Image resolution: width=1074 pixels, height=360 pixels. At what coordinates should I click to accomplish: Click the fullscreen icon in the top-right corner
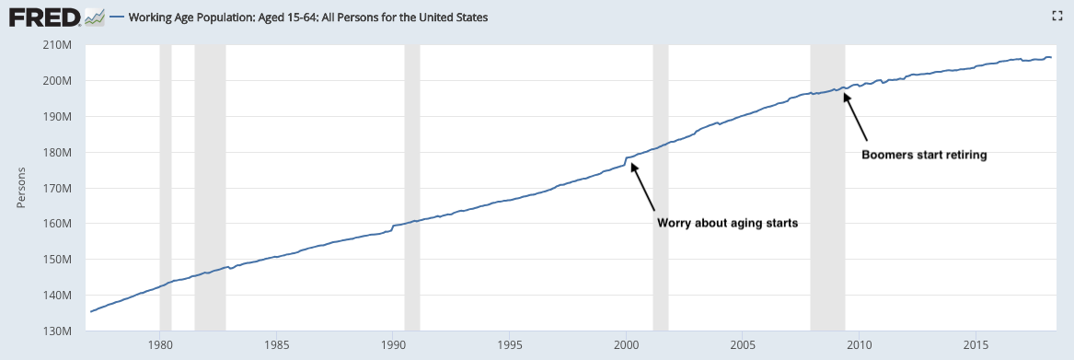coord(1057,15)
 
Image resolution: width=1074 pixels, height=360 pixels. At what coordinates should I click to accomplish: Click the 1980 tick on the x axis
coord(160,346)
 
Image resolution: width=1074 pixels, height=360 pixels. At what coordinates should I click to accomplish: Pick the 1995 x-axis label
coord(510,346)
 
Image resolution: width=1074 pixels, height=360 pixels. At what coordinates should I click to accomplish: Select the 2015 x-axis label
coord(976,346)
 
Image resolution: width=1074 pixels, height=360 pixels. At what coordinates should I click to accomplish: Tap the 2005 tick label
coord(743,346)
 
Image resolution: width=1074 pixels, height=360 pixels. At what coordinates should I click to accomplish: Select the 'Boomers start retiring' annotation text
coord(924,156)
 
